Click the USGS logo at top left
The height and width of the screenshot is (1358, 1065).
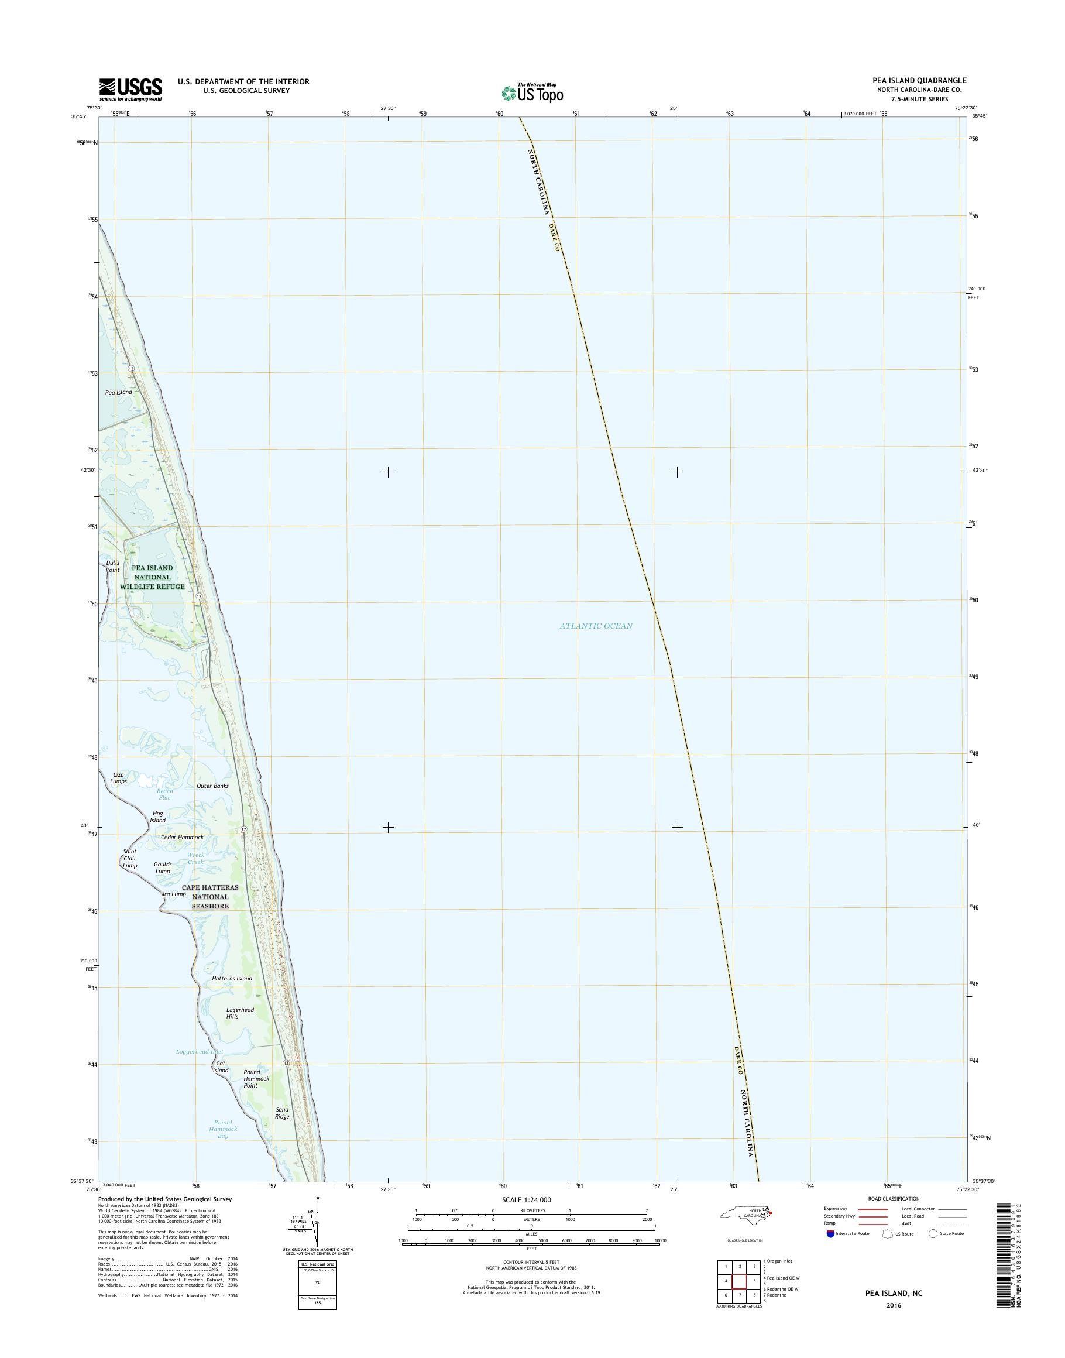(x=130, y=89)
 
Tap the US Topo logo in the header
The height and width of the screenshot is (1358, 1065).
(x=532, y=92)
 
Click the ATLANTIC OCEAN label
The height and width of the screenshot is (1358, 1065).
(x=596, y=626)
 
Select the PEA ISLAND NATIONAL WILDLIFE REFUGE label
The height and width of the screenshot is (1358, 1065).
(x=152, y=577)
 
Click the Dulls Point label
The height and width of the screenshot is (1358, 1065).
(x=112, y=566)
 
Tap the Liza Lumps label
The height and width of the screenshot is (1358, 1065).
(x=118, y=777)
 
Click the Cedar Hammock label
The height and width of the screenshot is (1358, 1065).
(x=182, y=837)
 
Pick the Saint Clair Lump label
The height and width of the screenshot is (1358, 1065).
(x=130, y=858)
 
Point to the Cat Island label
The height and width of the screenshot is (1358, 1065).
(x=220, y=1066)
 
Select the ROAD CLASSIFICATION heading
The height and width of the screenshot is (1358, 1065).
(x=894, y=1198)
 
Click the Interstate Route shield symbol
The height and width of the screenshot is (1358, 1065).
(x=830, y=1233)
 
